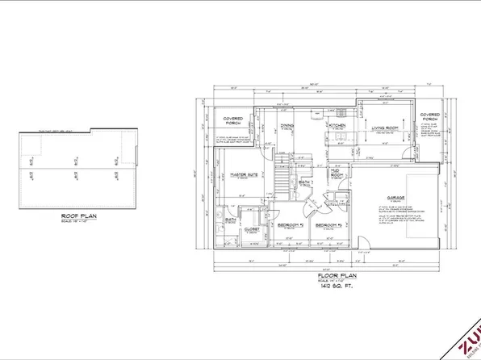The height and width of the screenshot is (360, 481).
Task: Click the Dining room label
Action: click(287, 125)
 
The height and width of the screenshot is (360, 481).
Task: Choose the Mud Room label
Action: click(335, 173)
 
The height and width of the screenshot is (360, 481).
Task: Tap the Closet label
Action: click(251, 229)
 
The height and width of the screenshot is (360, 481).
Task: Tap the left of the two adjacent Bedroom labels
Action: click(290, 224)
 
